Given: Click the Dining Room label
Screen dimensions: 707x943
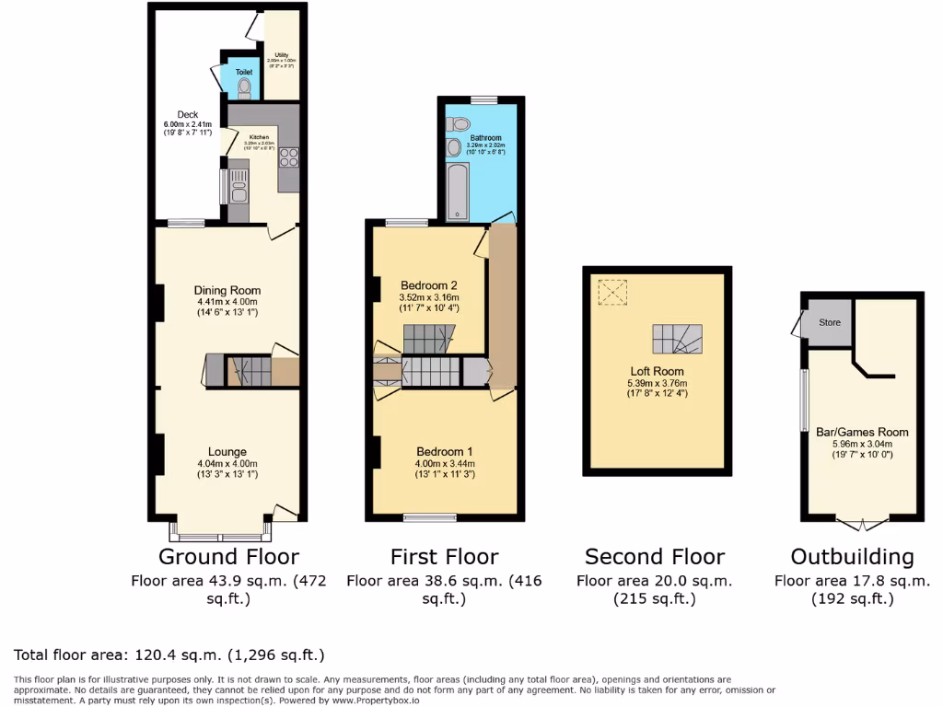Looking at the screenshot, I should [x=227, y=290].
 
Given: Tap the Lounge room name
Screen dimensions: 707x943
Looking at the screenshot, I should [x=227, y=451].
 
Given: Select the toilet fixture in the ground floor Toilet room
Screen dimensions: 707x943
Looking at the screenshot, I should [x=244, y=88].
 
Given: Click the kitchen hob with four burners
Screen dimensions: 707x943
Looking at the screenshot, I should [x=287, y=156].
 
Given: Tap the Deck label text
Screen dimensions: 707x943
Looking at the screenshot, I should [x=188, y=115].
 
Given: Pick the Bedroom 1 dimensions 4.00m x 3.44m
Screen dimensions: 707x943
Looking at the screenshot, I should [x=444, y=463].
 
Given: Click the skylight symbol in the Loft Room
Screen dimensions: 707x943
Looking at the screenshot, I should [x=611, y=293].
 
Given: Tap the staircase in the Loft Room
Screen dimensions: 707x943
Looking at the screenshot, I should [x=677, y=340].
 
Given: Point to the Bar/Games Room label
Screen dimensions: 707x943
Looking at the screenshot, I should [x=862, y=432].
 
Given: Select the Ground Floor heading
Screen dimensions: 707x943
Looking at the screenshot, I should [x=228, y=557].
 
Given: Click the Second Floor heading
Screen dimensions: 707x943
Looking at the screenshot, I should [x=655, y=557].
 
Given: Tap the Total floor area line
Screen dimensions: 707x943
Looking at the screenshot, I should [x=169, y=655].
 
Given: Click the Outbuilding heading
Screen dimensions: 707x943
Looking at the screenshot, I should [x=852, y=557].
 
